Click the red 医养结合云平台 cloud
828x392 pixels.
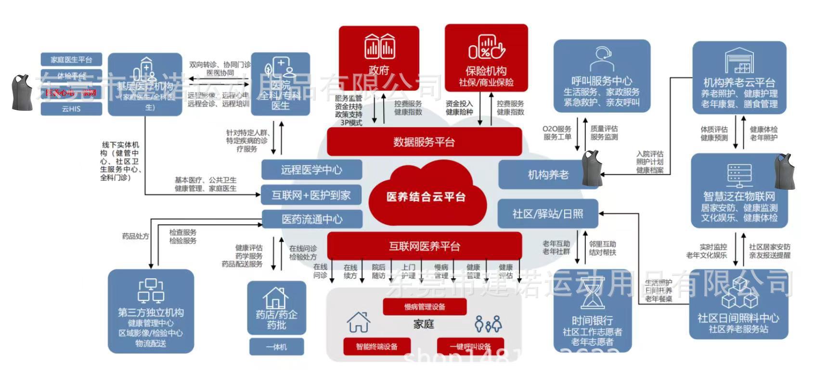426,196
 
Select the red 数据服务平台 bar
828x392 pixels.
424,142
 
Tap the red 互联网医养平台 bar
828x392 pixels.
424,246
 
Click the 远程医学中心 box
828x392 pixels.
311,170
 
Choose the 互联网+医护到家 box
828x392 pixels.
311,195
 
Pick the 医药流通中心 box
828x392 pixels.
311,219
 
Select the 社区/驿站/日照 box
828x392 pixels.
548,213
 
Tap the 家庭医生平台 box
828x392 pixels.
71,60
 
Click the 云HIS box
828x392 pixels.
71,109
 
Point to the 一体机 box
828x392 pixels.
276,347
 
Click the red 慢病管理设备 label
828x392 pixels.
425,307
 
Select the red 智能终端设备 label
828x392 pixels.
377,346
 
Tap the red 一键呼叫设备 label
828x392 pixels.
470,346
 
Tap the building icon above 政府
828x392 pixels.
379,46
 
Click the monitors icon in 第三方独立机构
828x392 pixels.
151,290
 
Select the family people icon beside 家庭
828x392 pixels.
488,324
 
